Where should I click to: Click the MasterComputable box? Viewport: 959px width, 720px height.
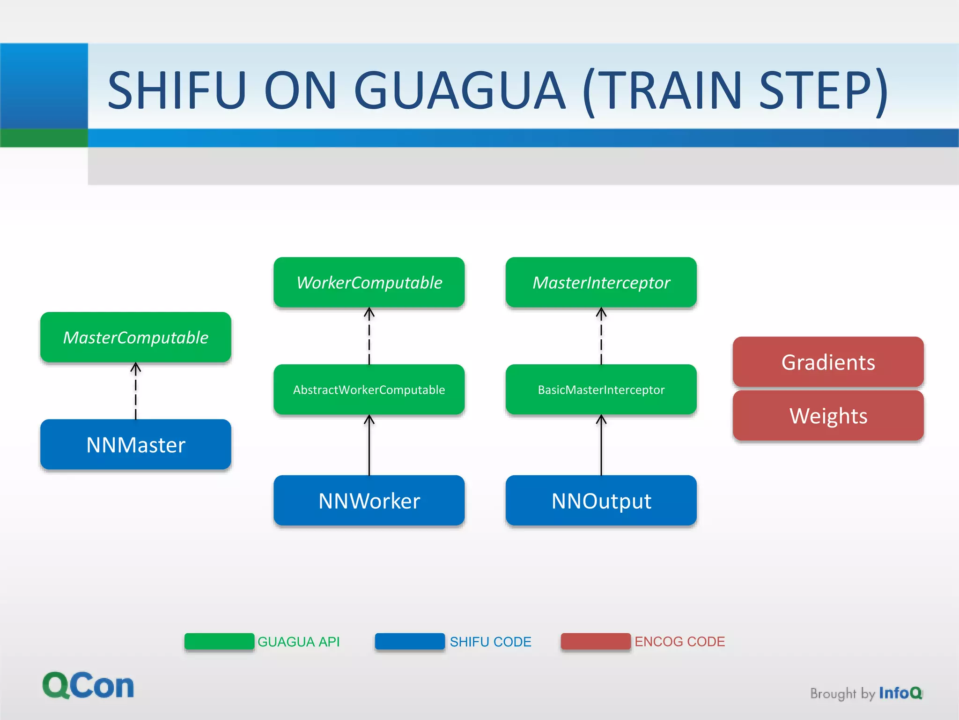(135, 337)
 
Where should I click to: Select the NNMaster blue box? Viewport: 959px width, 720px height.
(135, 444)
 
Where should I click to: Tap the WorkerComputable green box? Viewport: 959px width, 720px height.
(369, 282)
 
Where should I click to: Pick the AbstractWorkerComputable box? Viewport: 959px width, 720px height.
(369, 390)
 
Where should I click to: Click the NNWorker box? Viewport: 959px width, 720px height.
(369, 501)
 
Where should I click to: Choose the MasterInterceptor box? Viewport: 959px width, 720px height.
(601, 282)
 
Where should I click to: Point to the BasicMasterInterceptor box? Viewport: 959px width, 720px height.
(601, 390)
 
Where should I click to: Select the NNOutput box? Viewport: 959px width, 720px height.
(601, 501)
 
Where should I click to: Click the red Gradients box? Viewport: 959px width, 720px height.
(828, 362)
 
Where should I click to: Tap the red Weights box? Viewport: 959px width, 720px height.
(828, 416)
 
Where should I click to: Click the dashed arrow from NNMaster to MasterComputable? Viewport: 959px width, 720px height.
(136, 391)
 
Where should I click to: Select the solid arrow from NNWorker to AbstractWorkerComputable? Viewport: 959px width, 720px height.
(369, 445)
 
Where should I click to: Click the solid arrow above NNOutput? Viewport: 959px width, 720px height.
(601, 445)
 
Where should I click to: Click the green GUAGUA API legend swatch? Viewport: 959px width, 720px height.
(219, 641)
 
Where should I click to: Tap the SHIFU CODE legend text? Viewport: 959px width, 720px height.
(490, 641)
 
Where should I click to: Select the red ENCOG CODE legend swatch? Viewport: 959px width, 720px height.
(596, 641)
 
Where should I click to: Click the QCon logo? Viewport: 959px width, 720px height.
(88, 685)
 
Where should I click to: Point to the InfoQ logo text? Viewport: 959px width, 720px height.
(900, 693)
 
